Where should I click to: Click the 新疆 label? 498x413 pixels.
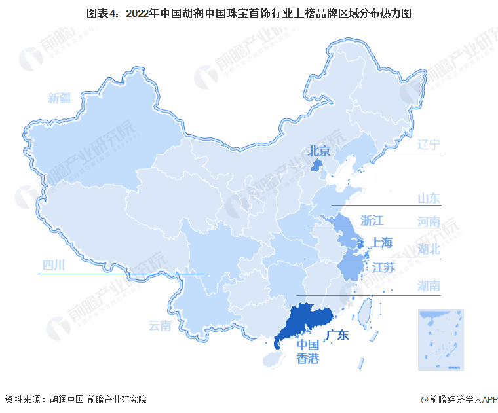[x=58, y=99]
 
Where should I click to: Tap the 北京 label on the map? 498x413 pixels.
[x=321, y=151]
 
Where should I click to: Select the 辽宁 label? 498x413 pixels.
[x=429, y=145]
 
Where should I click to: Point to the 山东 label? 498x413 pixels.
[x=429, y=198]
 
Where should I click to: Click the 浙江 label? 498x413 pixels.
[x=372, y=220]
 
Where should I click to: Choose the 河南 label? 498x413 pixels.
[x=429, y=221]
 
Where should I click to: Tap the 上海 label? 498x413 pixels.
[x=383, y=243]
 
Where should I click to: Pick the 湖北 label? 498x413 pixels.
[x=429, y=249]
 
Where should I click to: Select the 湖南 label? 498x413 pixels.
[x=429, y=285]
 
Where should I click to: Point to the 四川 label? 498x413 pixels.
[x=54, y=265]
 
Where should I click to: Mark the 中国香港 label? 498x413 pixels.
[x=308, y=351]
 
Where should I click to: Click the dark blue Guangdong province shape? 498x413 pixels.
[x=308, y=321]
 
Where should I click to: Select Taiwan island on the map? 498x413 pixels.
[x=365, y=312]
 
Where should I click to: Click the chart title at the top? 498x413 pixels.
[x=248, y=12]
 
